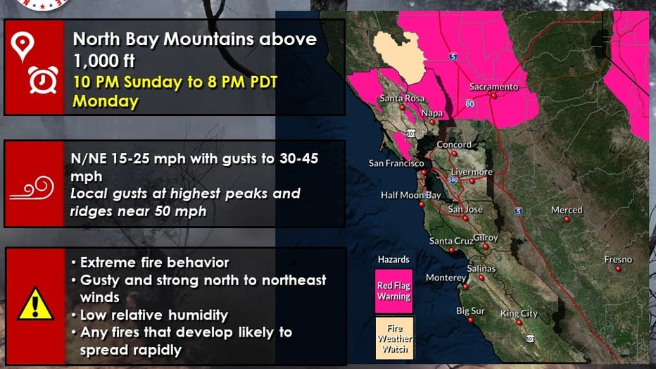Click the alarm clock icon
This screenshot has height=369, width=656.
[x=43, y=80]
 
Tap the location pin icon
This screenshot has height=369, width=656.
[x=23, y=46]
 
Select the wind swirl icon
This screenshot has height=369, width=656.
[x=32, y=188]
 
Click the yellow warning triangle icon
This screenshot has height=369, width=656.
[x=35, y=304]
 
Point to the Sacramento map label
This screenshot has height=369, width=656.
[x=493, y=87]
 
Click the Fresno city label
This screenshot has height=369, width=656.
[x=618, y=259]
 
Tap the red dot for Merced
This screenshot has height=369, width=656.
[x=567, y=219]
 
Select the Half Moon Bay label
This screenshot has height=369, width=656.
[x=411, y=195]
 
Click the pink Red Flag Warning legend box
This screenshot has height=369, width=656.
[x=393, y=291]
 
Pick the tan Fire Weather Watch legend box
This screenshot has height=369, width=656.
[x=395, y=338]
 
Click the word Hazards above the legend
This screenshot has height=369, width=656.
[x=393, y=259]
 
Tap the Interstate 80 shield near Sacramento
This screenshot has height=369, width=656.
[x=469, y=104]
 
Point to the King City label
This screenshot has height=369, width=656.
[x=519, y=314]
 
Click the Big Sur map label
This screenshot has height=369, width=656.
[x=470, y=311]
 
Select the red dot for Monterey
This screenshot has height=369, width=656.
[x=465, y=287]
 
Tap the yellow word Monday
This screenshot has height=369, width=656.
[x=106, y=101]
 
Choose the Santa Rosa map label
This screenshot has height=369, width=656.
[x=402, y=99]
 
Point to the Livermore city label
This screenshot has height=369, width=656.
[x=472, y=172]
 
